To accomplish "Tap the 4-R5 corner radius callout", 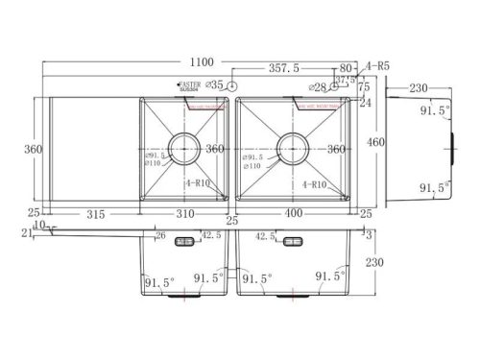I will (377, 67).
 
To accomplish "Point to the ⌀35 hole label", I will (214, 85).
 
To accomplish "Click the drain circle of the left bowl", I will (185, 146).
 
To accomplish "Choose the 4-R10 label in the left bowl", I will (203, 182).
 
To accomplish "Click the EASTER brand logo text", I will (190, 84).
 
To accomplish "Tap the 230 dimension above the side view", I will (419, 87).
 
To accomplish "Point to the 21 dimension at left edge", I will (25, 232).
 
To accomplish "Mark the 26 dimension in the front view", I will (160, 233).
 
